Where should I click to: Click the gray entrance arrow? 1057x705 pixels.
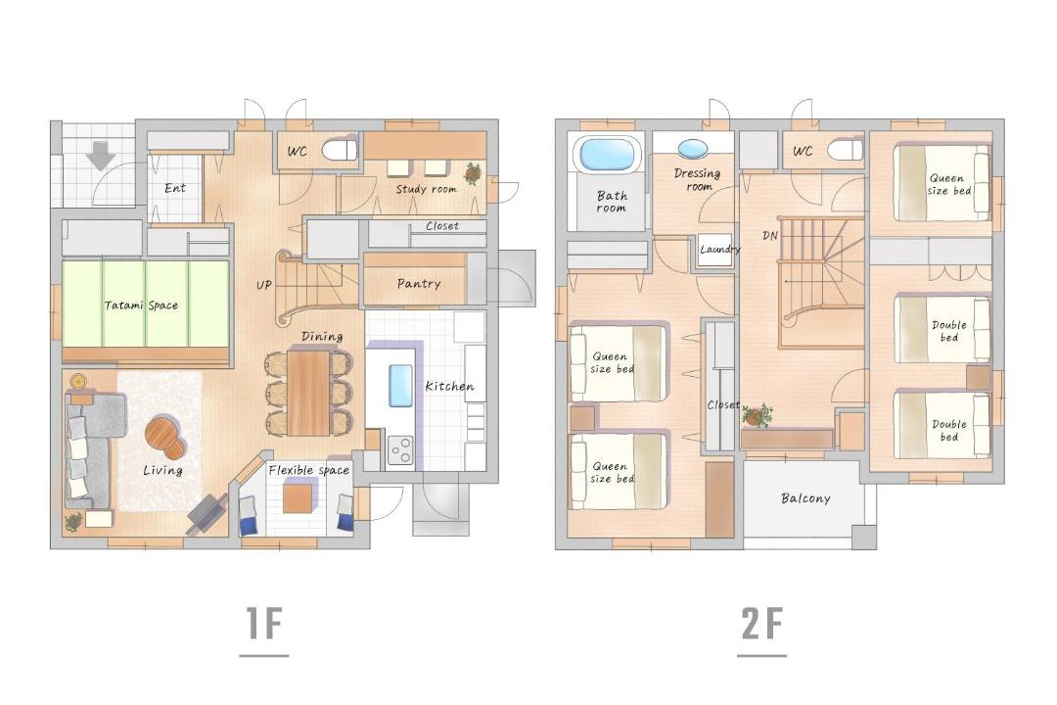101,155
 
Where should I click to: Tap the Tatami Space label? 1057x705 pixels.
141,305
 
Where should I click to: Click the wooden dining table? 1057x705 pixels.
308,392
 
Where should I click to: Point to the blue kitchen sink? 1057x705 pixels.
400,385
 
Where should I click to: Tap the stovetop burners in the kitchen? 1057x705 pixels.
400,450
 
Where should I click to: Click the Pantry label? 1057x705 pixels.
419,284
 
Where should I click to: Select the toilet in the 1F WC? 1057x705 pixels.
339,150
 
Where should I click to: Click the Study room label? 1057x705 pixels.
426,190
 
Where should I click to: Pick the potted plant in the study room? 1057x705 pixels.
473,172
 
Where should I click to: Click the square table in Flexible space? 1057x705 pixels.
298,497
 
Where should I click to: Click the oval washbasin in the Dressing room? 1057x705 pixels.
693,149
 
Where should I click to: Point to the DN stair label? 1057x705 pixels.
770,235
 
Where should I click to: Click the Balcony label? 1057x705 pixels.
805,498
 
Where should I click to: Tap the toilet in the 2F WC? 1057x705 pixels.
845,150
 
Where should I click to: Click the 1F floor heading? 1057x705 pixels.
263,624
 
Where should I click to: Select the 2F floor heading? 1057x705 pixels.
761,624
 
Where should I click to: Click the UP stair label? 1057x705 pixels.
263,285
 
